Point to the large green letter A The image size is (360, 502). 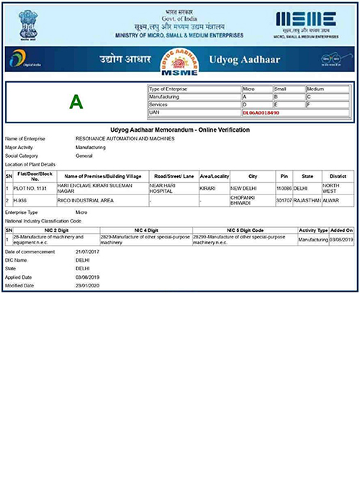[x=76, y=102]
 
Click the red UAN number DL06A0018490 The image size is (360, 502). [x=261, y=113]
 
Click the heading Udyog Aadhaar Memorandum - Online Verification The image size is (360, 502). [x=180, y=130]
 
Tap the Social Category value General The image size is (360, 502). [x=85, y=155]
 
